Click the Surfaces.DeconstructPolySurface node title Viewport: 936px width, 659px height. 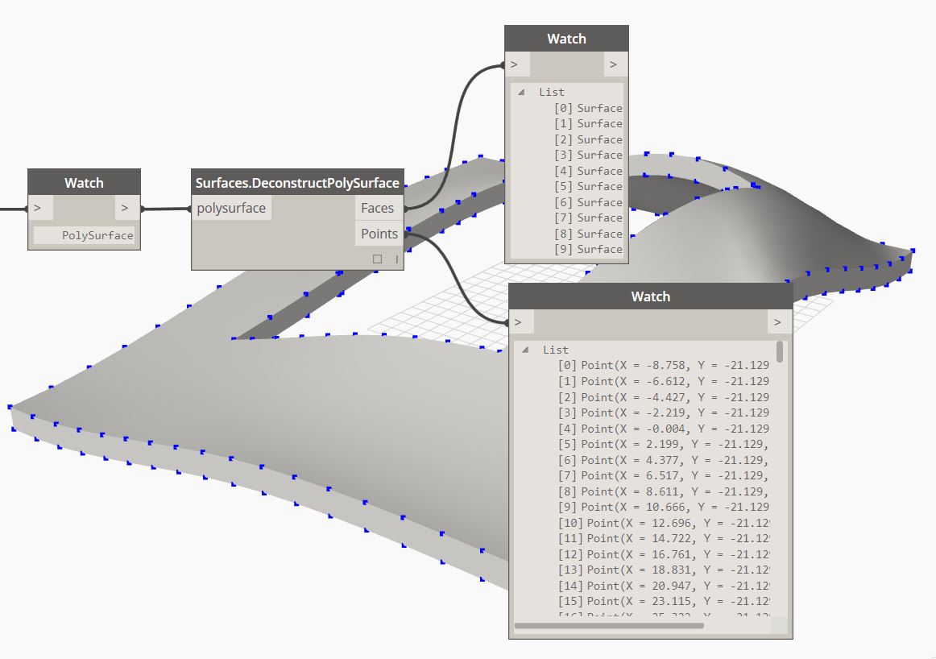(297, 183)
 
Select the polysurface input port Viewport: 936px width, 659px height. (231, 208)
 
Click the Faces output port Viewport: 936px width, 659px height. (377, 208)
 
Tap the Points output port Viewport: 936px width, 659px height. (379, 234)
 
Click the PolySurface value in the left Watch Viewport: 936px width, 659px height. (97, 236)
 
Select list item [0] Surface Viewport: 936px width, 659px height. (588, 108)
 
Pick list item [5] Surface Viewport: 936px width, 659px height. (588, 186)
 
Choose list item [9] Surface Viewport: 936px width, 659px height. (588, 249)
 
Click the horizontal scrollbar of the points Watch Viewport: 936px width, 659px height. (608, 625)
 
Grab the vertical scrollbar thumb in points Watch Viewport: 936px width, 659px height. (779, 351)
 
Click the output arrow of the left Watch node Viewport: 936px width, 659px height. (124, 208)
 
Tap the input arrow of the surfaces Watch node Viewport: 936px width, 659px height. (515, 64)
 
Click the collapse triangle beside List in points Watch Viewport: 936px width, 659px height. (525, 350)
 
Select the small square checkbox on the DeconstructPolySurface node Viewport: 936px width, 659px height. (377, 259)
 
